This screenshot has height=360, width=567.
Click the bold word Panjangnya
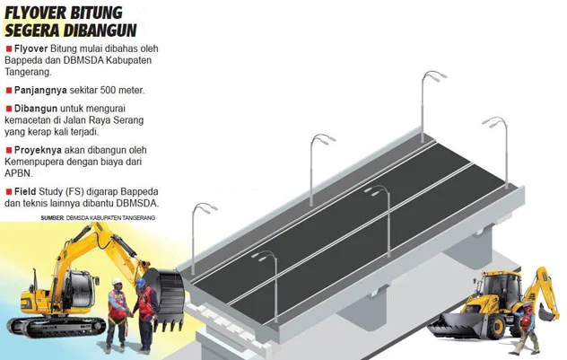(x=40, y=91)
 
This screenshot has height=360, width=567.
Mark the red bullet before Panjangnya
(x=8, y=91)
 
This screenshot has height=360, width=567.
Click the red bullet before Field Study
(x=8, y=191)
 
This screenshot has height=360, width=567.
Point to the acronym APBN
(x=20, y=173)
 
